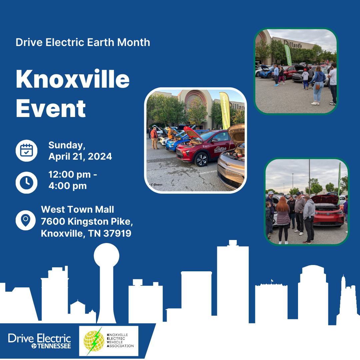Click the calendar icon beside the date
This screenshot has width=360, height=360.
click(26, 151)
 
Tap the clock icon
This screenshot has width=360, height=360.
click(26, 182)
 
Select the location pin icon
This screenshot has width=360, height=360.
click(26, 220)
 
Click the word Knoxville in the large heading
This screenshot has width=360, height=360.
click(72, 79)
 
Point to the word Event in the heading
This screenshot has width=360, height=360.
click(51, 108)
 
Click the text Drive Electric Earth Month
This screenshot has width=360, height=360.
click(83, 43)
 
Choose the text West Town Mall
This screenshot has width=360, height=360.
click(77, 209)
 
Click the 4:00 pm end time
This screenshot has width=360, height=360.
click(67, 186)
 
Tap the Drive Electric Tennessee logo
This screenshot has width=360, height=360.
click(39, 341)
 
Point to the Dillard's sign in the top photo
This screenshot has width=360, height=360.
click(293, 43)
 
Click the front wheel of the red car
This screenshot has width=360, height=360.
click(201, 159)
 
